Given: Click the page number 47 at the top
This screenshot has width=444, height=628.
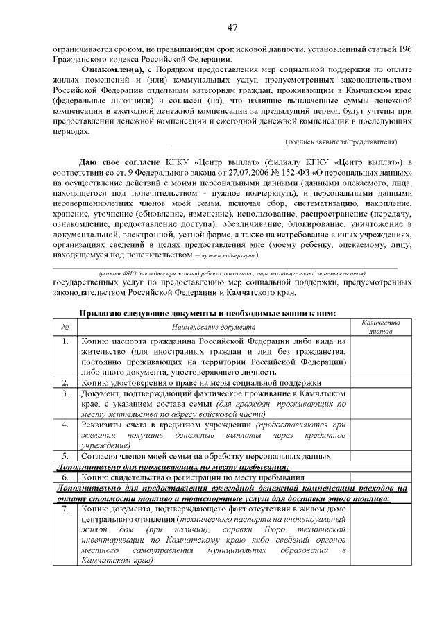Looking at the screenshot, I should tap(232, 27).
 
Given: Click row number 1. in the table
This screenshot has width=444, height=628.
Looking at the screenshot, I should tap(64, 342).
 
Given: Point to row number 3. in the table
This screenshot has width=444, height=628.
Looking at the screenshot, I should tap(64, 393).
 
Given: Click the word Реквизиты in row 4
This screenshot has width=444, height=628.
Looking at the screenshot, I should tap(104, 424).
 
